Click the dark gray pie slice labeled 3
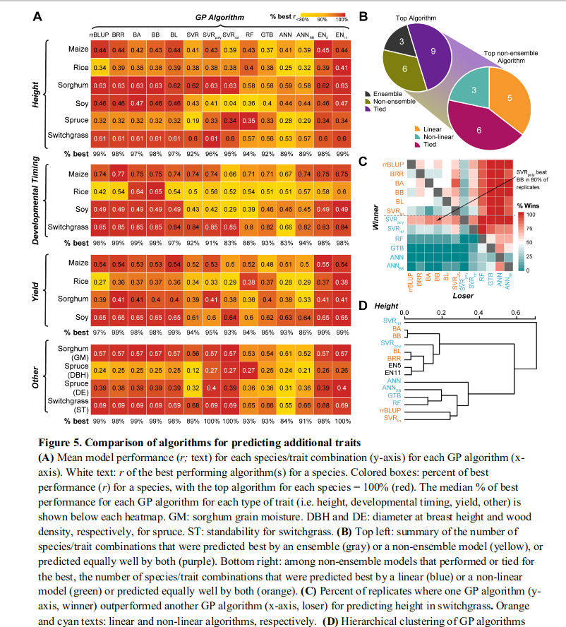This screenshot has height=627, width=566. click(x=399, y=43)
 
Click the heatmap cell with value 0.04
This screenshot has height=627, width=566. click(x=229, y=102)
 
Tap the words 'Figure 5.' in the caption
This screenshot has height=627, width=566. click(x=61, y=443)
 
